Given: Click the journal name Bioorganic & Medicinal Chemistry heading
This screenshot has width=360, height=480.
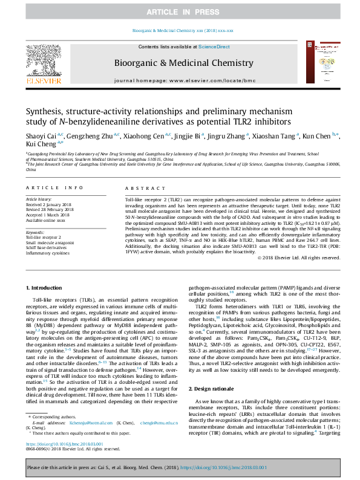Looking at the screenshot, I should click(x=180, y=62).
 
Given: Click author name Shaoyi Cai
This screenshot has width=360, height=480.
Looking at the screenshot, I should click(x=41, y=137).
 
